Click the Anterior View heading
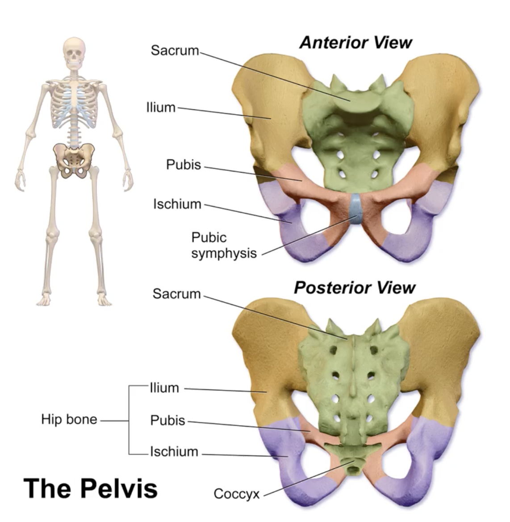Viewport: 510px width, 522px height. coord(355,43)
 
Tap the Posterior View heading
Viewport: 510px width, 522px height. coord(355,288)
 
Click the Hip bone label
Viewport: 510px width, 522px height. coord(69,419)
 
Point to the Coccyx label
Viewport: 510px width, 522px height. coord(236,494)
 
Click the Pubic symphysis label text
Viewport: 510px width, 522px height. coord(224,245)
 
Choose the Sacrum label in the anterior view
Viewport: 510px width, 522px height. coord(175,50)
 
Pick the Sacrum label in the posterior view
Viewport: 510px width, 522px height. coord(176,294)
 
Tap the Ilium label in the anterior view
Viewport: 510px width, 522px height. coord(161,108)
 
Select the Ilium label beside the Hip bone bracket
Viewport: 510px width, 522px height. coord(164,388)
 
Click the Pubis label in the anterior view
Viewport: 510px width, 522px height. coord(184,165)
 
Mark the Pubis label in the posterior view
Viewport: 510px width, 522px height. coord(167,420)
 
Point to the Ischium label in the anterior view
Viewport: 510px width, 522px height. coord(177,204)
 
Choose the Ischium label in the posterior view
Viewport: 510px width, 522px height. coord(174,452)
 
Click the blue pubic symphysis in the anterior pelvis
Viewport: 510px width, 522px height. coord(356,208)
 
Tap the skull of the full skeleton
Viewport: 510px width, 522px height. coord(74,53)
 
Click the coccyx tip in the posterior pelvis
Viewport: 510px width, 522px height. coord(354,469)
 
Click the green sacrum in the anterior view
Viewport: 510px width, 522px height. coord(357,143)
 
